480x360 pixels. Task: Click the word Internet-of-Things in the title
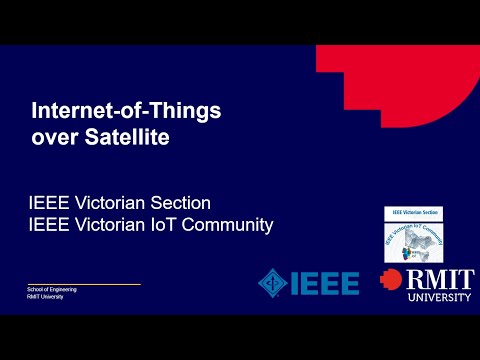[127, 110]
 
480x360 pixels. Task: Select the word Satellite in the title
[125, 137]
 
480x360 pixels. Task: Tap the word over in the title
[54, 137]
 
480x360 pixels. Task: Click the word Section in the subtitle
[180, 203]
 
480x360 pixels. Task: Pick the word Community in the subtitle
[229, 225]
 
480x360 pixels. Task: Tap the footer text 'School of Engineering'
[51, 289]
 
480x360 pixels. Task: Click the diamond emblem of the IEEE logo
[272, 283]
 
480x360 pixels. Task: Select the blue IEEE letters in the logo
[324, 283]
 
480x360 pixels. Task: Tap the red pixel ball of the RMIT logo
[393, 282]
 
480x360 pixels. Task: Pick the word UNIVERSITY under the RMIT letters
[437, 297]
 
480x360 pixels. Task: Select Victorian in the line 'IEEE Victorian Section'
[112, 203]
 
